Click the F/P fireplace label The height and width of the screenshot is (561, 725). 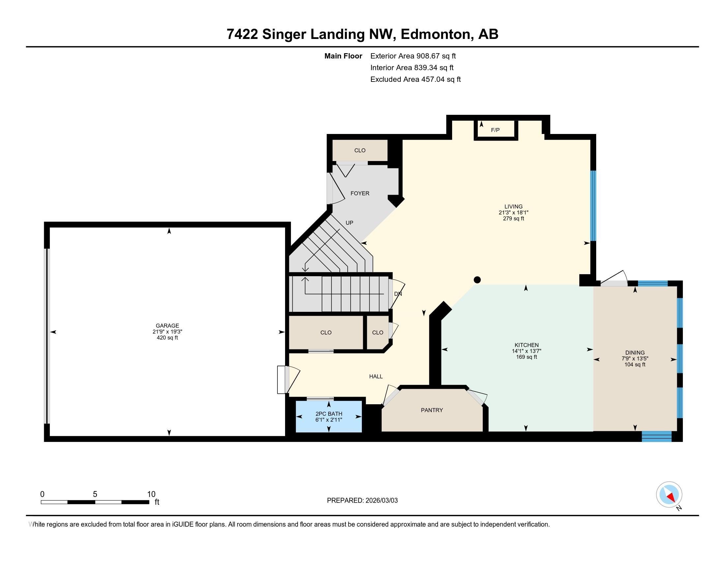pos(495,130)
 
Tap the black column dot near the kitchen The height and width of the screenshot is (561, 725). pos(477,280)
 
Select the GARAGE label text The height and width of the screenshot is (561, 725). pos(167,326)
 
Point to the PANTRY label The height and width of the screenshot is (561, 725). pos(432,410)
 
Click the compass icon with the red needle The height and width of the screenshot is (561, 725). pos(669,494)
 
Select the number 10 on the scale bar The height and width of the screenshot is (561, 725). pos(151,494)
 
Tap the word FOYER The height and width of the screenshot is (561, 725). pos(360,193)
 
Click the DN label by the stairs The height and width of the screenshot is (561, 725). pos(398,294)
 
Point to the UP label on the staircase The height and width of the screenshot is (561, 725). pos(349,223)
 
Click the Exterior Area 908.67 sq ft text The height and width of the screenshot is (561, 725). pos(413,56)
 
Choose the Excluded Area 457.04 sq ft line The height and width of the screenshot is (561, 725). pos(415,80)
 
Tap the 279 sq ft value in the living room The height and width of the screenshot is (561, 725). pos(513,219)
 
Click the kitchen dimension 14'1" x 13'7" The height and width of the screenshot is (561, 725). pos(527,351)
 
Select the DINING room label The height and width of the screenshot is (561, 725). pos(635,353)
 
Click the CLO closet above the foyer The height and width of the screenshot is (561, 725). pos(360,150)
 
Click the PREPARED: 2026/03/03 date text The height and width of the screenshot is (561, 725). pos(362,501)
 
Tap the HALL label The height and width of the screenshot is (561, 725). pos(376,377)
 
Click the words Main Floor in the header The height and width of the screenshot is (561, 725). pos(343,56)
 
